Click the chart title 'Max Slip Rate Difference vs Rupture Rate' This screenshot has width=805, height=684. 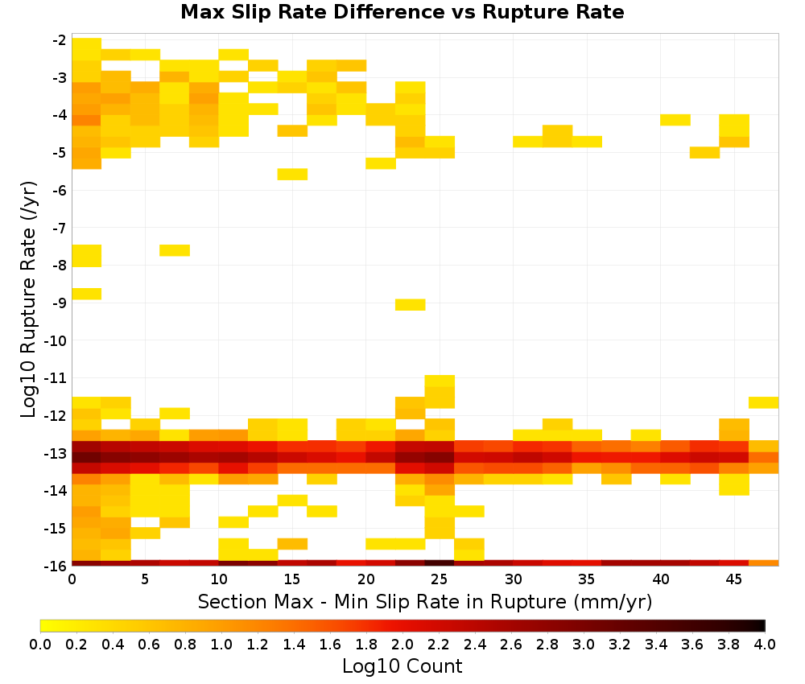coord(402,12)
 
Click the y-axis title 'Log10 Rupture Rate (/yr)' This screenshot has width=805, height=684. coord(28,299)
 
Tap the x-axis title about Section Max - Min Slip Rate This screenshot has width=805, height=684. coord(424,601)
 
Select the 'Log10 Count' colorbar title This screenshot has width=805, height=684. coord(402,666)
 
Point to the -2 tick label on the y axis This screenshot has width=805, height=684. coord(59,40)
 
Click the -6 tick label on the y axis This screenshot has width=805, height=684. coord(59,191)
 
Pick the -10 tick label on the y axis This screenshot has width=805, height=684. coord(56,340)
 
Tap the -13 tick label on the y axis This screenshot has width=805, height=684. coord(56,454)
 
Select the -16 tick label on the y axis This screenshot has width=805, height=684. coord(56,566)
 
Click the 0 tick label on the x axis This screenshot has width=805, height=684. coord(72,579)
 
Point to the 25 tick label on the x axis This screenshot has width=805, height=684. coord(439,579)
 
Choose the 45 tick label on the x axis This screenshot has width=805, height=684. coord(733,579)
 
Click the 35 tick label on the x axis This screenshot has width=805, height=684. coord(586,579)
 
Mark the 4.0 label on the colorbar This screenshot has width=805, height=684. coord(765,644)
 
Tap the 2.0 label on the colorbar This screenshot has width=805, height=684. coord(402,644)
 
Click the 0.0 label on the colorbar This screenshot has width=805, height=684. coord(40,644)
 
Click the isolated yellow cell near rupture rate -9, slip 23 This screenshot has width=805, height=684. coord(411,305)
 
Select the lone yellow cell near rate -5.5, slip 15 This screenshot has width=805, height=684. coord(293,174)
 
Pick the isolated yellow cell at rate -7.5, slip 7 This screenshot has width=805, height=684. coord(175,250)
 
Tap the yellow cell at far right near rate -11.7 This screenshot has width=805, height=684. coord(763,402)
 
